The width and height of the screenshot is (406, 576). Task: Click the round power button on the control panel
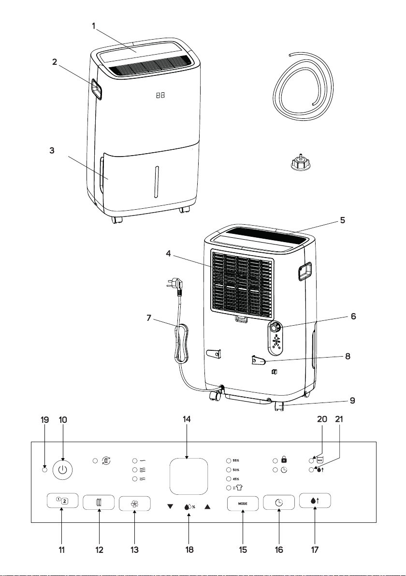coord(62,470)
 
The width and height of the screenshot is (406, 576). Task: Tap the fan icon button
coord(134,504)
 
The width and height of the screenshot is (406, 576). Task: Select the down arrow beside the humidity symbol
coord(170,506)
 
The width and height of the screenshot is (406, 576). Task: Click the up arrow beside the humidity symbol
coord(208,506)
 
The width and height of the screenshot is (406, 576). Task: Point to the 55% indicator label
coord(236,461)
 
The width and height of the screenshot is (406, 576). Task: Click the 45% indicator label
coord(236,479)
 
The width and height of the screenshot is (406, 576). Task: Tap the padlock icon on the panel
coord(284,460)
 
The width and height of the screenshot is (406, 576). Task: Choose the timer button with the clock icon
coord(278,503)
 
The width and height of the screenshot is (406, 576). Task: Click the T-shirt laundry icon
coord(238,488)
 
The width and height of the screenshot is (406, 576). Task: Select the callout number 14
coord(187,419)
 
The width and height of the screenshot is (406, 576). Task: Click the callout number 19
coord(44,419)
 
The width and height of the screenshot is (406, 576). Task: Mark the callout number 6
coord(353,317)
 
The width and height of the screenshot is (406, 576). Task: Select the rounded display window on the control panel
coord(188,476)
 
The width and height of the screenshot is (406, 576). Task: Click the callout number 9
coord(352,401)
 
